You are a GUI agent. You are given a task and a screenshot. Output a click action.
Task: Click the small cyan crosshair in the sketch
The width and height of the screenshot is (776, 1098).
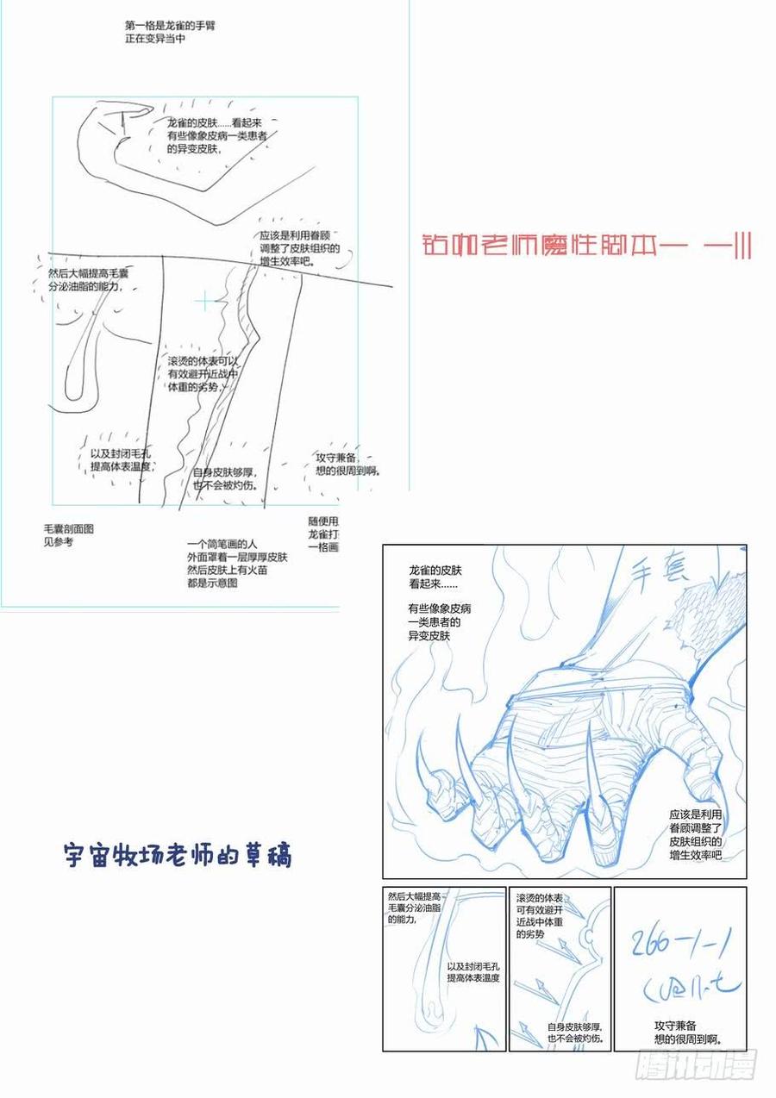pyautogui.click(x=204, y=301)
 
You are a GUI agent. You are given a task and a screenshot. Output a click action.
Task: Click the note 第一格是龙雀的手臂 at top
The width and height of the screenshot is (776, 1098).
pyautogui.click(x=170, y=33)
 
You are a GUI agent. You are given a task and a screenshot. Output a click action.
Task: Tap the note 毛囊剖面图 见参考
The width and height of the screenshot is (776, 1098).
pyautogui.click(x=68, y=535)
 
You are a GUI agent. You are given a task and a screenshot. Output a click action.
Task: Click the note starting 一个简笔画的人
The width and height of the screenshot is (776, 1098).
pyautogui.click(x=237, y=564)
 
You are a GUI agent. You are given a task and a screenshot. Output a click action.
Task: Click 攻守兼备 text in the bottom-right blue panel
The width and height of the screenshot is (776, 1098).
pyautogui.click(x=687, y=1032)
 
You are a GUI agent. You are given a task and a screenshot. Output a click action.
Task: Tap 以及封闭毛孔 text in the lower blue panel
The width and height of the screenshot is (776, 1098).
pyautogui.click(x=473, y=973)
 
